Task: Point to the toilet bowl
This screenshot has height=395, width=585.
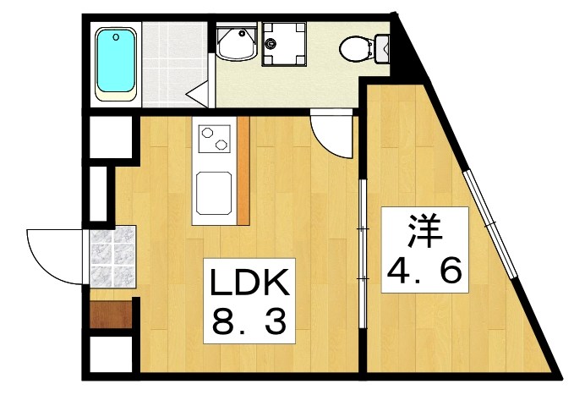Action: click(x=355, y=50)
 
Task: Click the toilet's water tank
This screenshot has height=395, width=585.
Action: click(x=380, y=49)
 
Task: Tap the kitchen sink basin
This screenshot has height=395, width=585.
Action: click(x=214, y=192)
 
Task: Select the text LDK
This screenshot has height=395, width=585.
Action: click(x=250, y=281)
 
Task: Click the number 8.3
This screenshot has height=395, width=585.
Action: click(x=250, y=321)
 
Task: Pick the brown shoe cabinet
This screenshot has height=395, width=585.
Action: click(x=109, y=315)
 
